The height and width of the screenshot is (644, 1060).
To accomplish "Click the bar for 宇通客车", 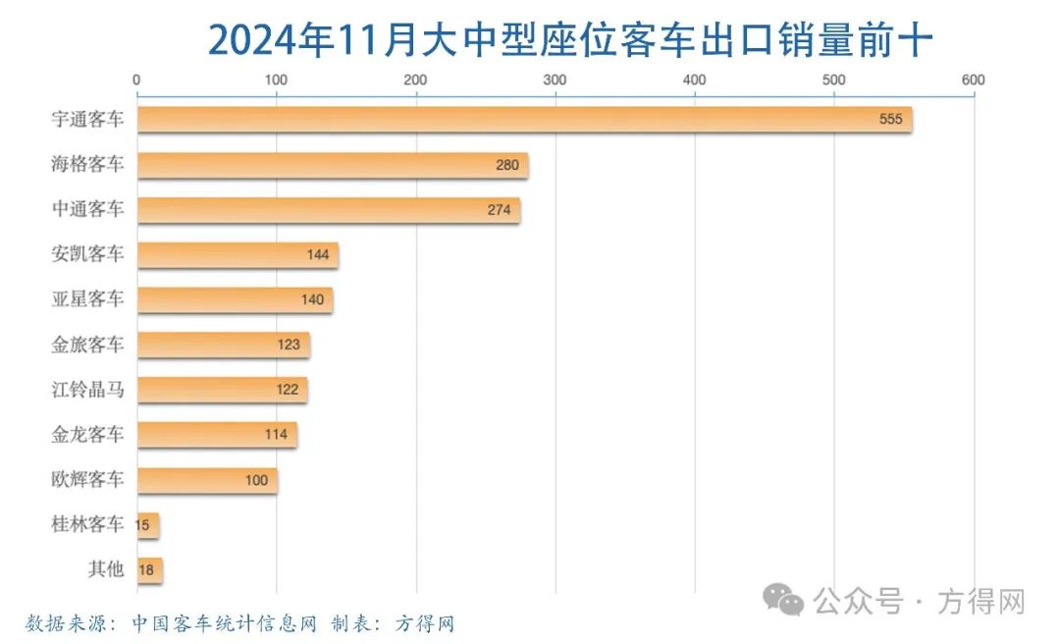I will pyautogui.click(x=524, y=120).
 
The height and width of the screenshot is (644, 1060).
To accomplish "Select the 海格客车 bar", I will pyautogui.click(x=333, y=165).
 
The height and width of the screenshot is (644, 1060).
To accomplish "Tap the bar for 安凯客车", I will pyautogui.click(x=238, y=255).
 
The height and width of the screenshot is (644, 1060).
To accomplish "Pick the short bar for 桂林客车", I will pyautogui.click(x=148, y=525).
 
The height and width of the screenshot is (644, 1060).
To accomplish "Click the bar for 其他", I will pyautogui.click(x=150, y=570).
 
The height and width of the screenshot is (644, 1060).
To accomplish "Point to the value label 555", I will pyautogui.click(x=890, y=120).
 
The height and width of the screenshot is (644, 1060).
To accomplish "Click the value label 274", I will pyautogui.click(x=499, y=210).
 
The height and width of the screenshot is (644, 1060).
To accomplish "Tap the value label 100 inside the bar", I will pyautogui.click(x=256, y=480).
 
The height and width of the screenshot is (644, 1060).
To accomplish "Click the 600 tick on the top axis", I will pyautogui.click(x=973, y=80).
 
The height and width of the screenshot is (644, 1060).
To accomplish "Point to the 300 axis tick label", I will pyautogui.click(x=555, y=80).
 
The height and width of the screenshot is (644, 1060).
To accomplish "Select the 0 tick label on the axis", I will pyautogui.click(x=136, y=80).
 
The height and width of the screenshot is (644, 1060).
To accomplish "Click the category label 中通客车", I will pyautogui.click(x=87, y=210).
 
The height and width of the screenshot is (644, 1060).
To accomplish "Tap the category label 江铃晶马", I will pyautogui.click(x=87, y=390).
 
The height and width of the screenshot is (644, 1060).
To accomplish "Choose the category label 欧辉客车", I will pyautogui.click(x=87, y=480).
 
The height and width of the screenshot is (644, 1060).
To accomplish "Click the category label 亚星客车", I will pyautogui.click(x=87, y=299).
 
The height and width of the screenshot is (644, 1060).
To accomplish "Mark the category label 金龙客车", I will pyautogui.click(x=87, y=435).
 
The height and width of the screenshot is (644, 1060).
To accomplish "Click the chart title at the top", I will pyautogui.click(x=569, y=41).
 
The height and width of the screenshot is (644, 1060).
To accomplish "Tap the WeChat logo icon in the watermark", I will pyautogui.click(x=785, y=599).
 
